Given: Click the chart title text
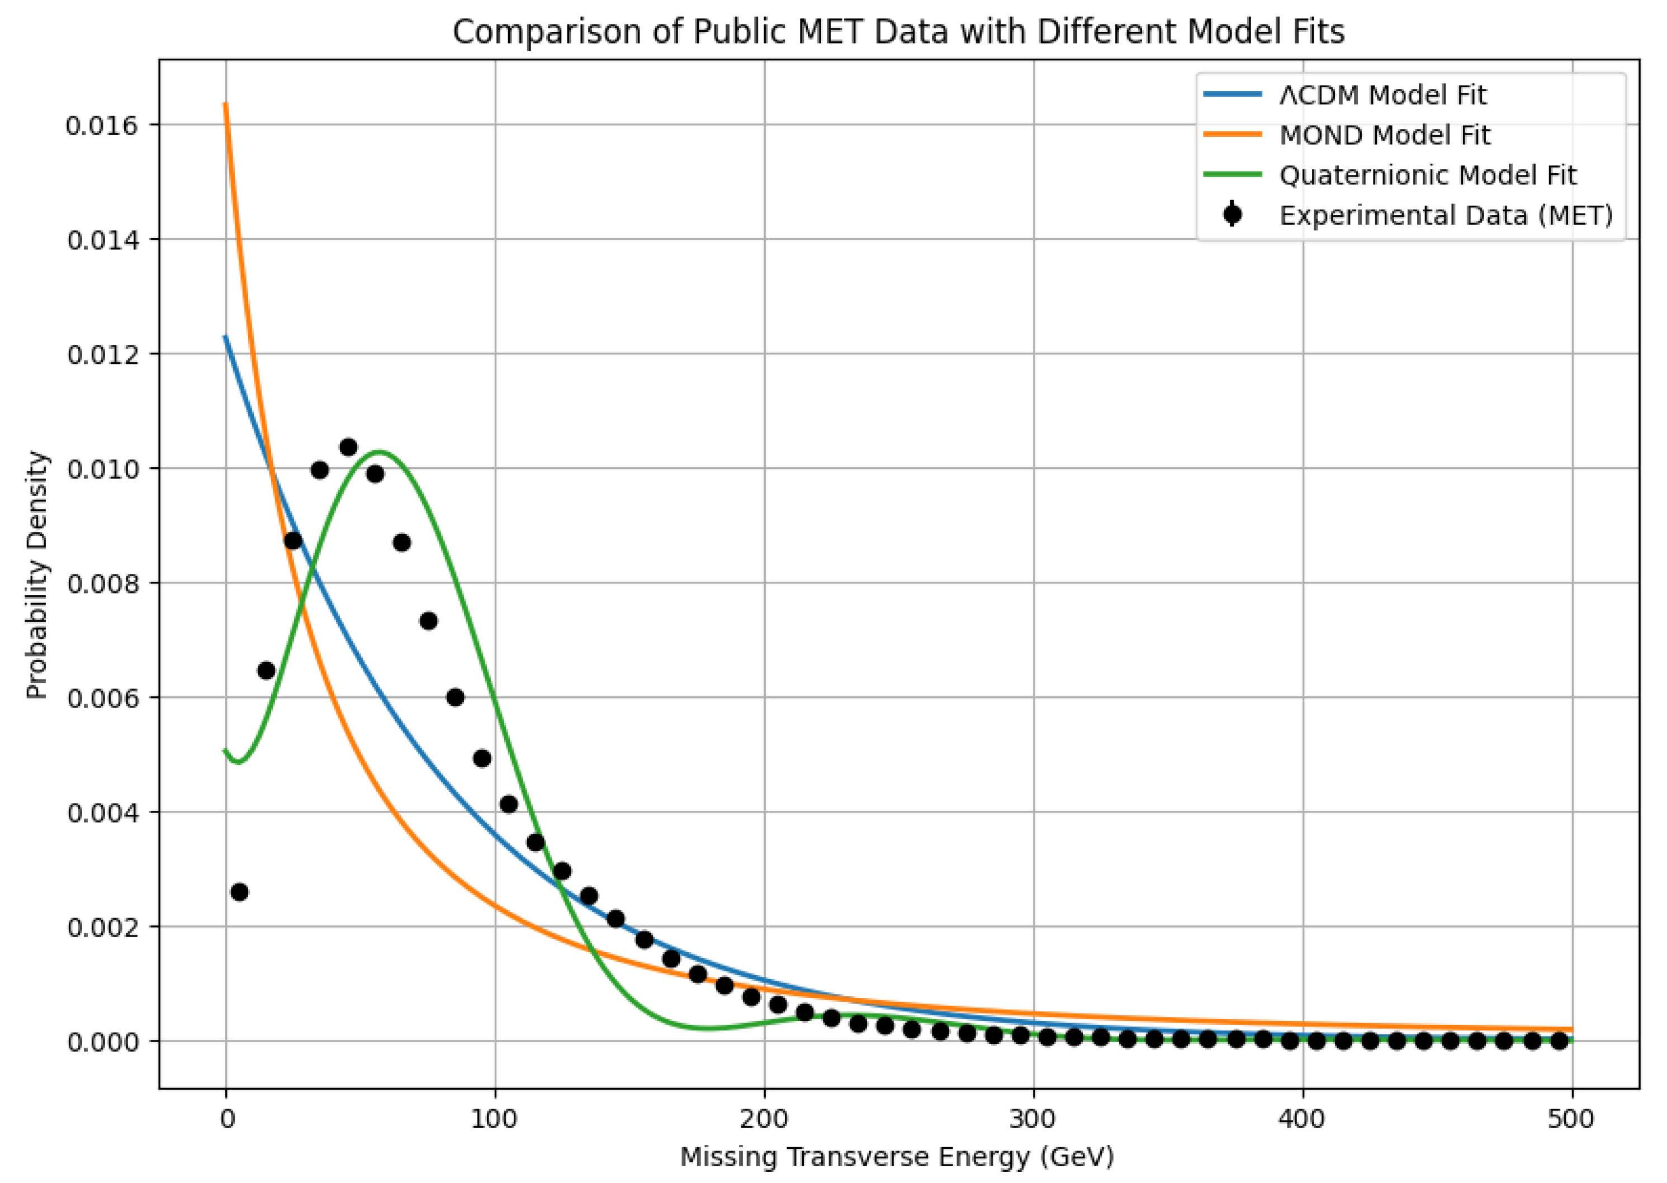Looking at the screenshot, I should pos(898,32).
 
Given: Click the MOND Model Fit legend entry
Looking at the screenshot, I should pos(1384,135).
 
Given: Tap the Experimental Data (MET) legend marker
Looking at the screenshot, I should pos(1233,216).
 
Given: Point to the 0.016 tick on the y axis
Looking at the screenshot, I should pos(101,125).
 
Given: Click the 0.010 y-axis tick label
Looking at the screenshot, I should pos(101,469).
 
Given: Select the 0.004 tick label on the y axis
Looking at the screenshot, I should pos(101,813).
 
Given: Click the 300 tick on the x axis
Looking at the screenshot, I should pos(1034,1119).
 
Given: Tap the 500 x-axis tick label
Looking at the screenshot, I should pos(1571,1119).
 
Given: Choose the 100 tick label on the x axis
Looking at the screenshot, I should pos(495,1119).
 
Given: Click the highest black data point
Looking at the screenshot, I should pos(348,447).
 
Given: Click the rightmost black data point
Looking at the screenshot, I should pos(1559,1042).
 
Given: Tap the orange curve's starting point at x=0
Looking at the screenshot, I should pos(226,104).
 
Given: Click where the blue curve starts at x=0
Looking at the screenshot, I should pos(226,336).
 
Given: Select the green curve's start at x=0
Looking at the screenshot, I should pos(226,750).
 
